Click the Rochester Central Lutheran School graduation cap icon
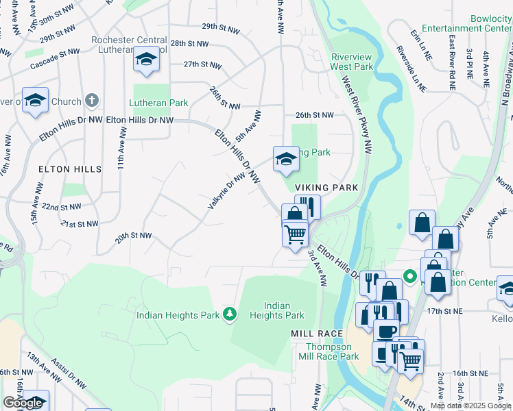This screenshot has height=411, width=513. pos(146,60)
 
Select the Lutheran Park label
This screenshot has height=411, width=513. pos(158,103)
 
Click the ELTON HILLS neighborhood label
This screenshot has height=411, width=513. pos(70,169)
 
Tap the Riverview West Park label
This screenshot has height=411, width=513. pos(352,62)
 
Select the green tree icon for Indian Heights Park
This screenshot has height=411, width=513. pos(230,315)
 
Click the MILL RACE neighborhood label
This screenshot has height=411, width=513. pos(316,334)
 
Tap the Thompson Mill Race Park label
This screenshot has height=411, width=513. pos(333,351)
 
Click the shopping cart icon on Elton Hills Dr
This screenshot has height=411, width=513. pos(295,234)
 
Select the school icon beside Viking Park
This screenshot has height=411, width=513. pos(286,160)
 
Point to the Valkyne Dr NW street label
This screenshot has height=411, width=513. pos(226,190)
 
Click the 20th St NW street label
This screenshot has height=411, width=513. pos(133,236)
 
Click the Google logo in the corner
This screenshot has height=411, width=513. pos(23,403)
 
